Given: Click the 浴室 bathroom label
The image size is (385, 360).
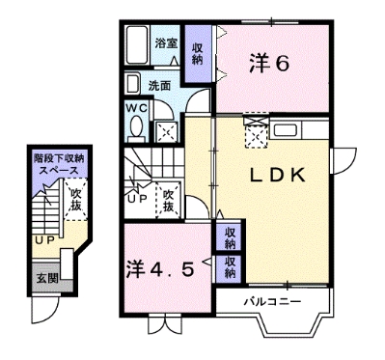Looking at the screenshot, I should pos(166,42).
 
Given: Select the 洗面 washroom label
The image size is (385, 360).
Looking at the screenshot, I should pos(161,85).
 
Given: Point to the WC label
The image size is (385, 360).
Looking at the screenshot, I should pos(135,108).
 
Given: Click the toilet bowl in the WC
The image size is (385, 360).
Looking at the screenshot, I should pos(136,128).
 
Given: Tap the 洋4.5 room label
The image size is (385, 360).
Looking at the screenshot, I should pos(162,267).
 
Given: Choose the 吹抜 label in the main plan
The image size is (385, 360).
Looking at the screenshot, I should pos(169,201).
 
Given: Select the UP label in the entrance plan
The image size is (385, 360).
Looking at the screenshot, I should pos(42,239).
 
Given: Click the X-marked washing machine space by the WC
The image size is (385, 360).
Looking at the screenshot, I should pos(166,129).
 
